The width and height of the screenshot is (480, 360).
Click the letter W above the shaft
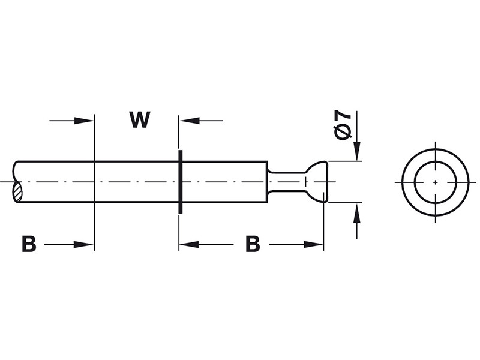(x=140, y=119)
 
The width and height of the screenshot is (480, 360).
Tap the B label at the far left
(x=29, y=244)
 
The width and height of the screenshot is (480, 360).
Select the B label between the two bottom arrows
(x=253, y=244)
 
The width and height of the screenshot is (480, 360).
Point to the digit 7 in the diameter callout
(x=343, y=115)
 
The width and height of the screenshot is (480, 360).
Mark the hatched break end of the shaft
(x=17, y=192)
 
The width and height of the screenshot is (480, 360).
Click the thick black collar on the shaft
(x=181, y=182)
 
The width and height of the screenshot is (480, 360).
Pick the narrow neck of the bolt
(x=287, y=182)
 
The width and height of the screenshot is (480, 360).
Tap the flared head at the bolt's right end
(x=317, y=182)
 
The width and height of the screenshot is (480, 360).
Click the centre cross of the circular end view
(x=436, y=182)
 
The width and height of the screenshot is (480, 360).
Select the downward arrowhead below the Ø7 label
(x=356, y=151)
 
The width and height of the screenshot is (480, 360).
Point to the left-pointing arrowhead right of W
(x=190, y=121)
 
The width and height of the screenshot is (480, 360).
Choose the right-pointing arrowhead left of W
(x=84, y=121)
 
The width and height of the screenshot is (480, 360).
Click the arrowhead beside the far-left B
(x=83, y=244)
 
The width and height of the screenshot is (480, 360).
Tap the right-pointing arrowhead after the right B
(x=313, y=244)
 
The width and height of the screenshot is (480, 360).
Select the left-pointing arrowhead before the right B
(x=189, y=244)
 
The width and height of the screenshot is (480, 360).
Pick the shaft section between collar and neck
(x=225, y=182)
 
